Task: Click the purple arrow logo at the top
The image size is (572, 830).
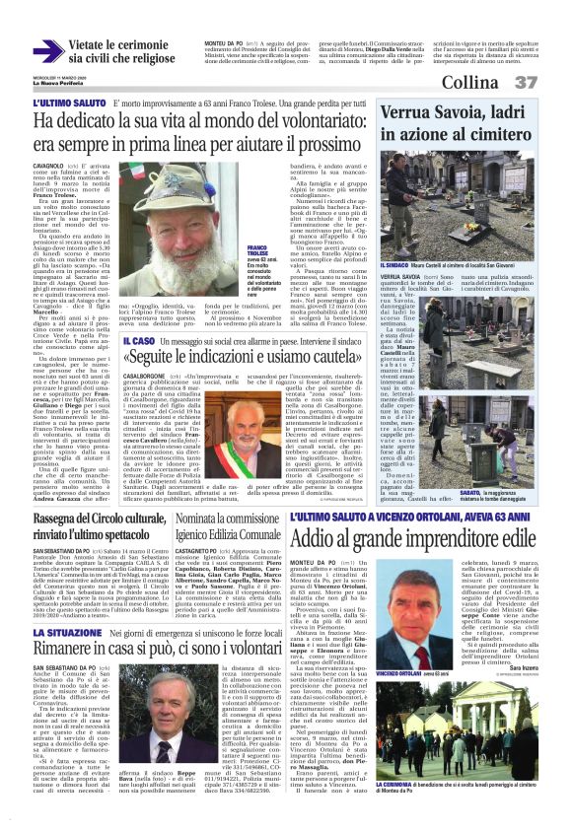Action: point(47,51)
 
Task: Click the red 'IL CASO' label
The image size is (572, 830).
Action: point(140,339)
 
